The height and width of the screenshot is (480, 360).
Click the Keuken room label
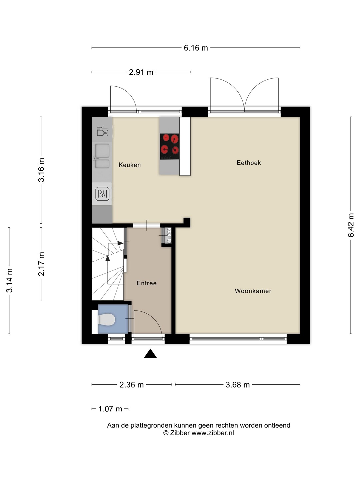click(x=129, y=165)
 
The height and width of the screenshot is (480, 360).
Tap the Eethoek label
click(x=249, y=163)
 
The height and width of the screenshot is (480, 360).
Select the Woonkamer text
click(x=253, y=291)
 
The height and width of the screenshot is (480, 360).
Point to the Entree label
click(x=146, y=283)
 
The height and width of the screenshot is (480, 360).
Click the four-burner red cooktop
click(x=169, y=147)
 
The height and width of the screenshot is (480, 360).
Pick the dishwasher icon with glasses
click(x=102, y=131)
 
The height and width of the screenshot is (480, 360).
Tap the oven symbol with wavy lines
click(x=102, y=194)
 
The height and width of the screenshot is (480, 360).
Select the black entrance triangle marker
click(x=150, y=353)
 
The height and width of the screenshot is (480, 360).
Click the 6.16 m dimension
click(x=196, y=48)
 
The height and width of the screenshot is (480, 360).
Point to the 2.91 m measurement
click(x=141, y=72)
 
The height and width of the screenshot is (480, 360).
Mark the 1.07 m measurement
click(x=110, y=409)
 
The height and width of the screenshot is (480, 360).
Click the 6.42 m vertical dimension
click(x=351, y=225)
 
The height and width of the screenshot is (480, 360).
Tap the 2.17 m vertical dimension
click(x=41, y=264)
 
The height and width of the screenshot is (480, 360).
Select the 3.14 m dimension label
click(x=9, y=281)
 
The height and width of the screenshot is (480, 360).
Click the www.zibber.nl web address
click(x=213, y=433)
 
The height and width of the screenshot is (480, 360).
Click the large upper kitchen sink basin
click(x=102, y=151)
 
